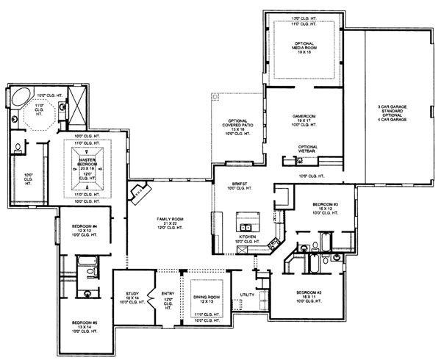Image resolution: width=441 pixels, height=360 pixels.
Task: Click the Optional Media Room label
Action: click(x=304, y=49)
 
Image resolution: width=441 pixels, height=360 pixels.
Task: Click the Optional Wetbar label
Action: click(x=308, y=149)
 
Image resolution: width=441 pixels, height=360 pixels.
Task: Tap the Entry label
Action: click(x=168, y=298)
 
